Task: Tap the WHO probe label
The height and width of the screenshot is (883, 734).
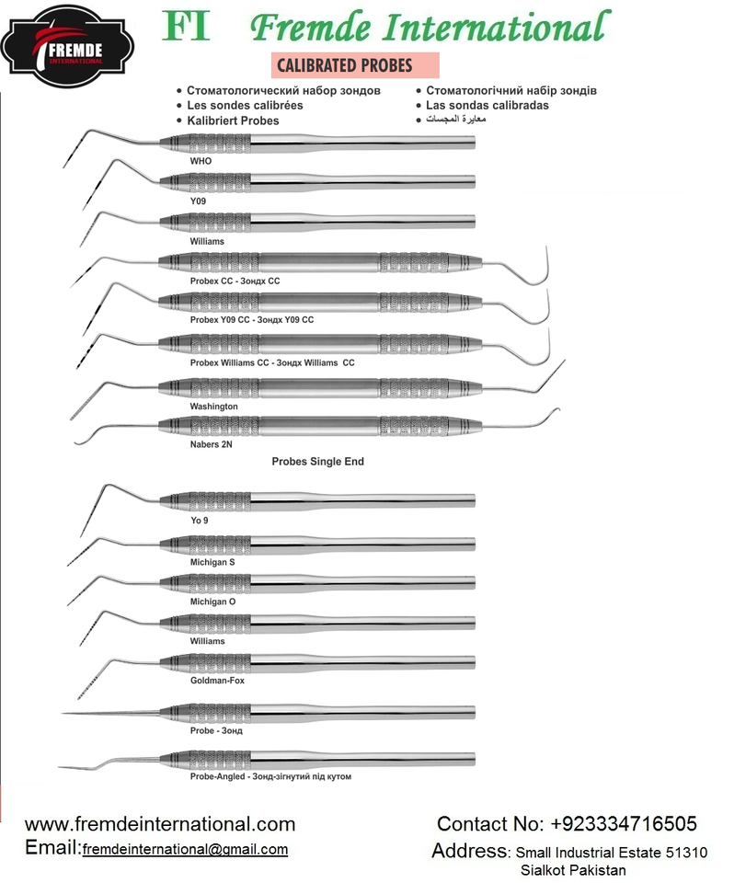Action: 201,161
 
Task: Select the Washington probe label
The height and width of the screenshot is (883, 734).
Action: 213,406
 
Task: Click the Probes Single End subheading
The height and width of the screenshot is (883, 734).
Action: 317,462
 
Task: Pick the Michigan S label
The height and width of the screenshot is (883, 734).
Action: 212,561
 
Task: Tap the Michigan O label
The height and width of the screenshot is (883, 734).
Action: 212,602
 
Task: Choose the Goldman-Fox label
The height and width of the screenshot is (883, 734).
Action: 217,681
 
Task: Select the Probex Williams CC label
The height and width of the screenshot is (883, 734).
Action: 271,363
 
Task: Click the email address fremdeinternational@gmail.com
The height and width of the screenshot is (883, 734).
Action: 185,850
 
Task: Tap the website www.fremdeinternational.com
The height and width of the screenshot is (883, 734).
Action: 160,824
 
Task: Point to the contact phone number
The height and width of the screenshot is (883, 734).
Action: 567,824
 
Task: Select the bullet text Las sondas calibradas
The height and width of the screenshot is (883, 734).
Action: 487,106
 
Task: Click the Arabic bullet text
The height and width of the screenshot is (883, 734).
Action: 456,120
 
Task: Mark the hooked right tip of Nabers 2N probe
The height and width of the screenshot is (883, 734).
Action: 556,414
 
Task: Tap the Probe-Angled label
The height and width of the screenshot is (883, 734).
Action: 270,776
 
